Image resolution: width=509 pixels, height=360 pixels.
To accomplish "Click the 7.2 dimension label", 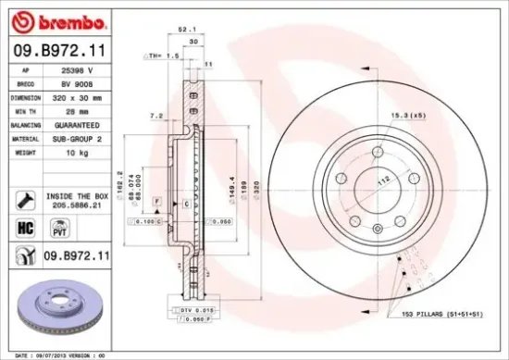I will tap(156, 117).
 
